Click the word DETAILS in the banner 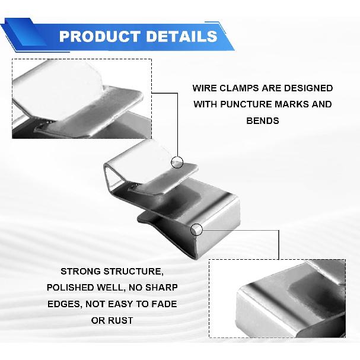point(181,36)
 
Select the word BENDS point(263,121)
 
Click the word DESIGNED point(308,88)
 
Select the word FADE point(165,304)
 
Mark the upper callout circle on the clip point(177,157)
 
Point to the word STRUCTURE point(133,272)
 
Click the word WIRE point(202,88)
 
